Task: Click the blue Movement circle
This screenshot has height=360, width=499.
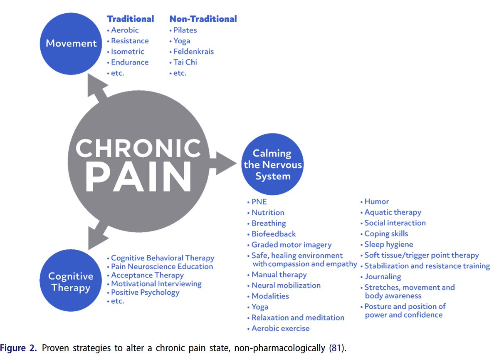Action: point(71,43)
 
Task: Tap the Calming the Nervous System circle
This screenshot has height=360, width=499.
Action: point(273,165)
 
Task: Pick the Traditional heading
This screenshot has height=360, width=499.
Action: point(131,19)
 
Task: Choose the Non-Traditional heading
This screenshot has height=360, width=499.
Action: point(203,19)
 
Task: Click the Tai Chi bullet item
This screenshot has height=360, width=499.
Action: point(185,62)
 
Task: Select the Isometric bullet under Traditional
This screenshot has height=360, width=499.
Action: point(127,52)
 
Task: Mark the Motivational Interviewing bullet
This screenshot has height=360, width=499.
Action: point(156,284)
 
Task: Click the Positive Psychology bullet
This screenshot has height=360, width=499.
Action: point(145,292)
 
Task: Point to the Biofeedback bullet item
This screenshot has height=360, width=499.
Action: point(274,234)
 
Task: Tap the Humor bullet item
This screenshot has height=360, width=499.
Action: point(376,201)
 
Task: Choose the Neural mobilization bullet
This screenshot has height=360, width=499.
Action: point(286,286)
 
